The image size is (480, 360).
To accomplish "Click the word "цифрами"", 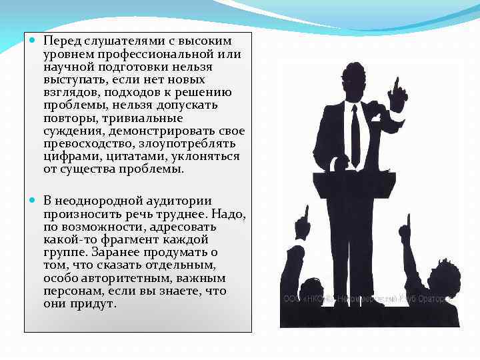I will click(69, 157).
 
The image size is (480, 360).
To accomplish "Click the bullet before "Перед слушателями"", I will click(33, 41).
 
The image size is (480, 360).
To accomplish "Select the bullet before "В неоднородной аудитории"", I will click(33, 201).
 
